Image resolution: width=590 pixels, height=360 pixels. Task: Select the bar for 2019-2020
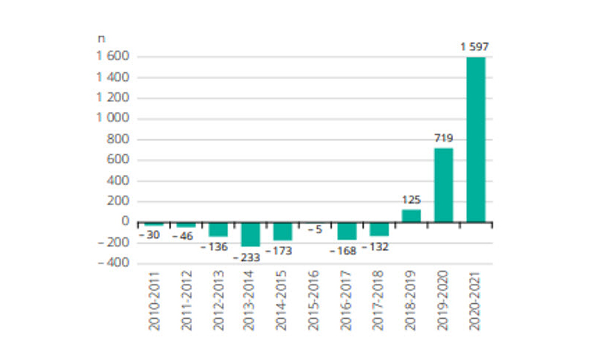click(x=443, y=184)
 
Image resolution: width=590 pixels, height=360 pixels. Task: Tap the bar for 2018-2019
click(x=411, y=215)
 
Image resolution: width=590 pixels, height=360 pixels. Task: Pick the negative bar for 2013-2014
click(x=251, y=234)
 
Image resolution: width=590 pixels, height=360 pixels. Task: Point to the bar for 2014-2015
click(x=282, y=231)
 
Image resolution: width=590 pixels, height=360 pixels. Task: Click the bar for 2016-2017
click(x=347, y=230)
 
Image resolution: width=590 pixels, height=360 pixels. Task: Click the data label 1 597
click(x=476, y=47)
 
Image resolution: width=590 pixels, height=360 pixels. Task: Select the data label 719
click(x=443, y=138)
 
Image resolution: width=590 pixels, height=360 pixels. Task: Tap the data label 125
click(x=411, y=199)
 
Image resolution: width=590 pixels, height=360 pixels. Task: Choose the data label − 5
click(x=315, y=229)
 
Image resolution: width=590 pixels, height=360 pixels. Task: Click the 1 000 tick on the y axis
click(x=112, y=119)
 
